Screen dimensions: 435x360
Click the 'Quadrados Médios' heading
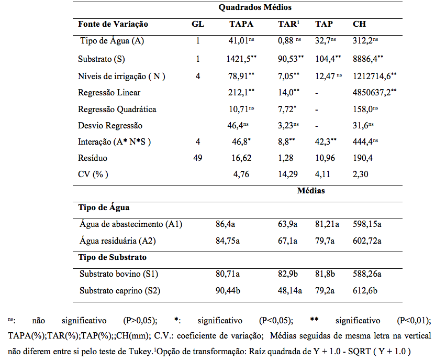click(255, 7)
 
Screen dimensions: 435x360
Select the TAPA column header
click(241, 24)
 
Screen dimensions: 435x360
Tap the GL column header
click(198, 24)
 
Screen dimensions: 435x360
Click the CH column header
click(359, 24)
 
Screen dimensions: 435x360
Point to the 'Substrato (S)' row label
click(102, 59)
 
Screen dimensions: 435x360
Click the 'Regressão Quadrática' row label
click(117, 109)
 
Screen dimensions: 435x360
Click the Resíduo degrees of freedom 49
click(198, 158)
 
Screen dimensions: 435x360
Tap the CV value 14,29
click(288, 174)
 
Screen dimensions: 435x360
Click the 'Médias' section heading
click(311, 191)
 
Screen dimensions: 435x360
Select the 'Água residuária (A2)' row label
click(118, 241)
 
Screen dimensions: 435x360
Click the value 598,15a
click(367, 224)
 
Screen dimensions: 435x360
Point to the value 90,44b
click(228, 290)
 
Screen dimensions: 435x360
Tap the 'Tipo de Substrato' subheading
click(113, 257)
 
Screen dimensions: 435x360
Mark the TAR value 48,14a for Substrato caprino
click(290, 290)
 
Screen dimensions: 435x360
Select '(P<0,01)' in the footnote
click(414, 321)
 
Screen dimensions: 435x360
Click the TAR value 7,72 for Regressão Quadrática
click(287, 108)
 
